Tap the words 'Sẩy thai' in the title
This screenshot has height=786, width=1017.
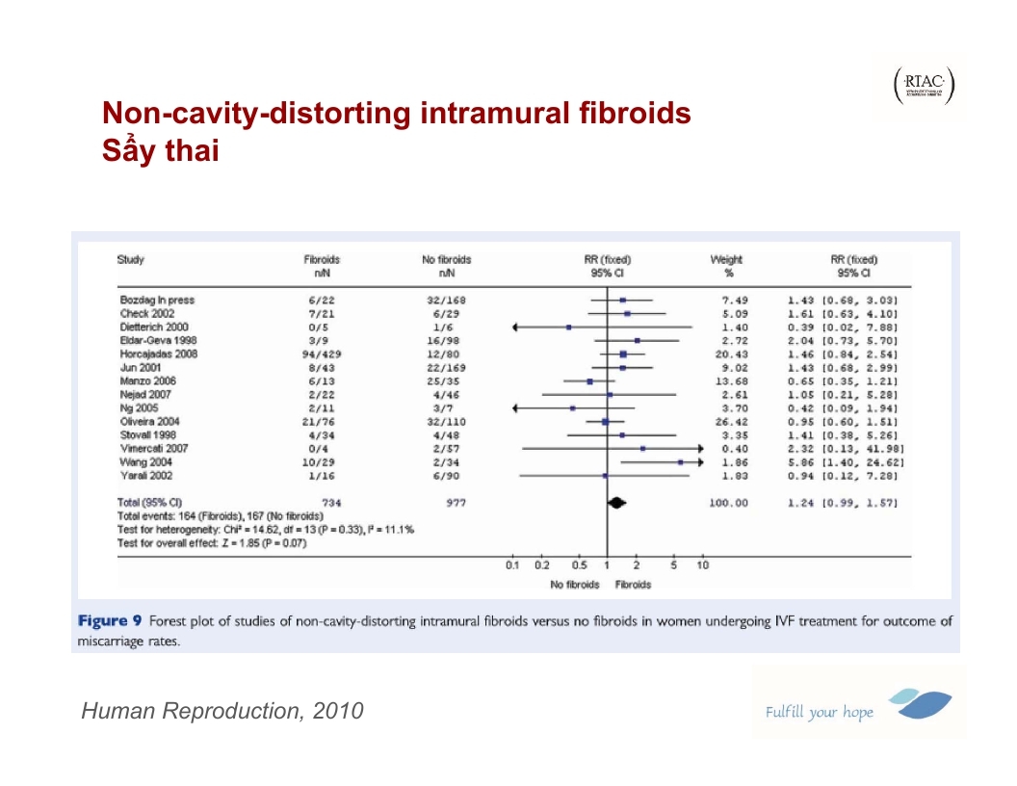coord(161,151)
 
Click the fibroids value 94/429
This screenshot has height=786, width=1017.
coord(321,354)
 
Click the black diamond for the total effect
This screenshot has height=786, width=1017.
coord(615,502)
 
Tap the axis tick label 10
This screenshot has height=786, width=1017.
coord(702,565)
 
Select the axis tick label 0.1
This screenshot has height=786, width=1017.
coord(512,565)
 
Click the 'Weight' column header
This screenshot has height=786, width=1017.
coord(726,260)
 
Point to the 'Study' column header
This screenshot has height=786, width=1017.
coord(131,260)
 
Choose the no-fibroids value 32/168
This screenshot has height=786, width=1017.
coord(446,301)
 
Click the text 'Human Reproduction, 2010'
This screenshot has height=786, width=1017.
coord(222,712)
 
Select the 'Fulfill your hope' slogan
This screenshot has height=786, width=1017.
coord(819,713)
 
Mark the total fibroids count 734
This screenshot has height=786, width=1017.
coord(332,503)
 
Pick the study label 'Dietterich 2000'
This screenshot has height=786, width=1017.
coord(154,327)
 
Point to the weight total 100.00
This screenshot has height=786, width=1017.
coord(728,503)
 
